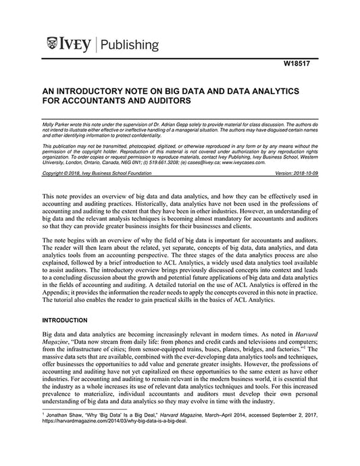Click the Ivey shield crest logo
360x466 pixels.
coord(52,45)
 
